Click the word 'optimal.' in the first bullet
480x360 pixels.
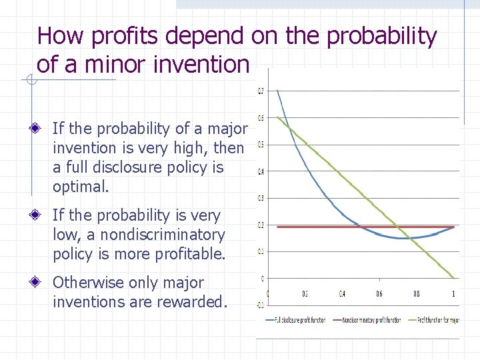tap(80, 187)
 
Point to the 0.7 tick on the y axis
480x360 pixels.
tap(261, 91)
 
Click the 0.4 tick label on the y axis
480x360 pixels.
tap(261, 171)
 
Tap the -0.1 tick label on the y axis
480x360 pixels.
tap(260, 305)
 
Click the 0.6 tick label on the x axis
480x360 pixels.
tap(379, 293)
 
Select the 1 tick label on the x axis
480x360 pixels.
tap(453, 293)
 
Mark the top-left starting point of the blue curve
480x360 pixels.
tap(277, 91)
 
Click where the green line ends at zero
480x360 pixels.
tap(453, 278)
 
